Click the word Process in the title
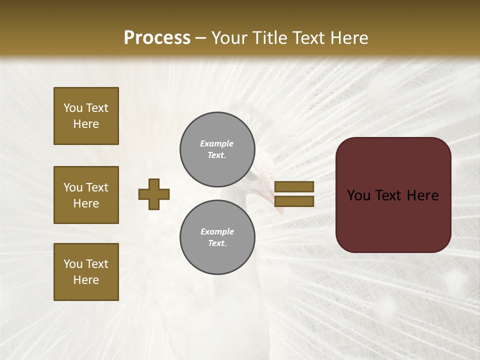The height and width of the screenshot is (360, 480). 157,38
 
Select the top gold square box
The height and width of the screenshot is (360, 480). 86,116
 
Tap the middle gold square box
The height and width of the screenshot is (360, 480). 86,195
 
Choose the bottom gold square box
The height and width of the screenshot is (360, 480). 86,272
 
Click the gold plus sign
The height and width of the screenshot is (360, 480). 154,194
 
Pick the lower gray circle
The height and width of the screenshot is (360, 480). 217,237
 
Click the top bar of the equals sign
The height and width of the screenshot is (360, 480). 294,186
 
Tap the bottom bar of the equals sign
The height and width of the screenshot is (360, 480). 294,201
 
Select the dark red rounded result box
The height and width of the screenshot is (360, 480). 393,195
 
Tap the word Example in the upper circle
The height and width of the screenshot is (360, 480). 216,143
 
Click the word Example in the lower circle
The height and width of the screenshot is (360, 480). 217,231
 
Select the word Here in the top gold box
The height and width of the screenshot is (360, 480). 86,124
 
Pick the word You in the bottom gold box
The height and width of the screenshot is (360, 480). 73,264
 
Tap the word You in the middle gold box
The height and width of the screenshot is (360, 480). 73,187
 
